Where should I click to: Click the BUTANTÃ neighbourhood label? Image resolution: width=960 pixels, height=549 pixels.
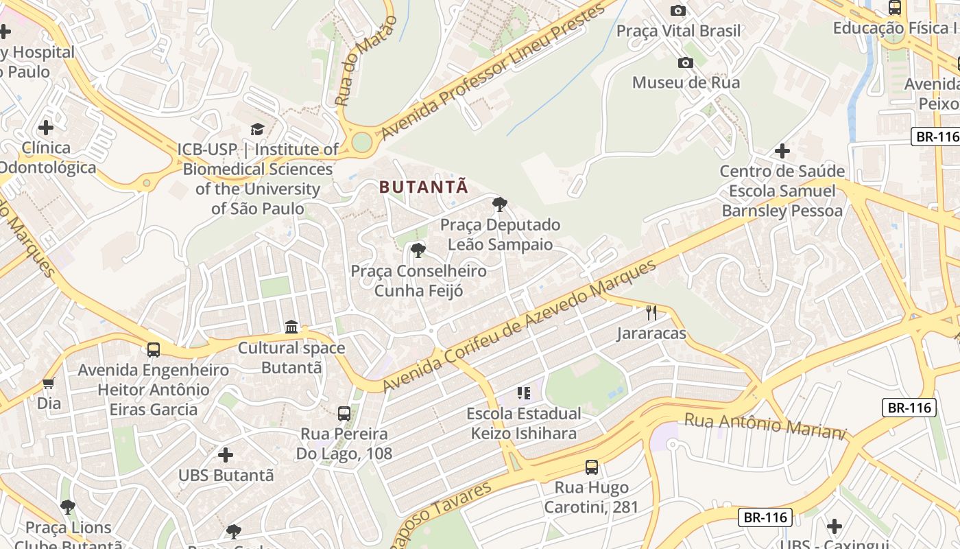pyautogui.click(x=424, y=187)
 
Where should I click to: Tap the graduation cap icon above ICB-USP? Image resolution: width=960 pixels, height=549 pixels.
pyautogui.click(x=257, y=129)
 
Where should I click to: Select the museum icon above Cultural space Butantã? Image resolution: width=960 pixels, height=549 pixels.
pyautogui.click(x=291, y=327)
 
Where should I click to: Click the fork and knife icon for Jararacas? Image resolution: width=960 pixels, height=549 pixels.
pyautogui.click(x=651, y=313)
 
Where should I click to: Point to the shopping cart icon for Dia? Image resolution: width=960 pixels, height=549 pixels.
pyautogui.click(x=48, y=383)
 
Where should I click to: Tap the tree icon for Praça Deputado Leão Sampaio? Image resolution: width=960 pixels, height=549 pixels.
pyautogui.click(x=500, y=204)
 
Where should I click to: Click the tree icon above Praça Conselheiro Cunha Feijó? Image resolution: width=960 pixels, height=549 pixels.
pyautogui.click(x=418, y=250)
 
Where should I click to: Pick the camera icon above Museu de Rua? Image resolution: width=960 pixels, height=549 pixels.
pyautogui.click(x=685, y=63)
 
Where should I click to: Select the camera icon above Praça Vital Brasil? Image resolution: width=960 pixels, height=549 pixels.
pyautogui.click(x=677, y=10)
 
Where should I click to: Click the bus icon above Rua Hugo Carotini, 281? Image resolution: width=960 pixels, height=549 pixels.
pyautogui.click(x=592, y=467)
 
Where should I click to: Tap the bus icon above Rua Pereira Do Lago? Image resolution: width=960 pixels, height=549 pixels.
pyautogui.click(x=344, y=414)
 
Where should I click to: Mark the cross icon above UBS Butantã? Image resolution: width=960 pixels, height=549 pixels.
pyautogui.click(x=226, y=454)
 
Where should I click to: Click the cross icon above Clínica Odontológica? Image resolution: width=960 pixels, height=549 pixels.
pyautogui.click(x=46, y=128)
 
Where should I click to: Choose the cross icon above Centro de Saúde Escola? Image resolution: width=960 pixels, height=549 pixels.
pyautogui.click(x=782, y=151)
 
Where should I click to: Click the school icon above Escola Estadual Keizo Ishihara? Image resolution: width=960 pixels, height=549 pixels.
pyautogui.click(x=524, y=393)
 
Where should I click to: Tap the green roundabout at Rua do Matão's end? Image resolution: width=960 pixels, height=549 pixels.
pyautogui.click(x=361, y=142)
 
